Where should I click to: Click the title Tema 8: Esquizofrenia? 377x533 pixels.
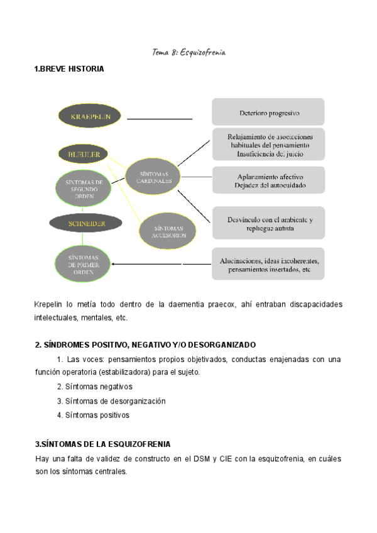[x=188, y=52]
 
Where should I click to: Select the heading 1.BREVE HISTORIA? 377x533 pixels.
[x=69, y=69]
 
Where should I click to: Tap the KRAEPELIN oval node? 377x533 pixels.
[x=91, y=117]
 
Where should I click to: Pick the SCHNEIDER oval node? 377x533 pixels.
[x=86, y=223]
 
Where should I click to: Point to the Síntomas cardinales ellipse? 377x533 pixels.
[x=154, y=176]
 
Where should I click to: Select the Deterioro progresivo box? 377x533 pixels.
[x=268, y=113]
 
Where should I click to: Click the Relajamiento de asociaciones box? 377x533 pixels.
[x=268, y=145]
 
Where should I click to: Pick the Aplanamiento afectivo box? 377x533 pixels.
[x=268, y=180]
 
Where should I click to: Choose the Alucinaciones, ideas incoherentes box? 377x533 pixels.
[x=268, y=264]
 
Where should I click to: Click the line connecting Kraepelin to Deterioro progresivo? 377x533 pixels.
[x=160, y=118]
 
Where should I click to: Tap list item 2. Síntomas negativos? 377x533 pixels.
[x=94, y=387]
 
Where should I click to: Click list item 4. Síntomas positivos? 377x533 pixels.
[x=93, y=415]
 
